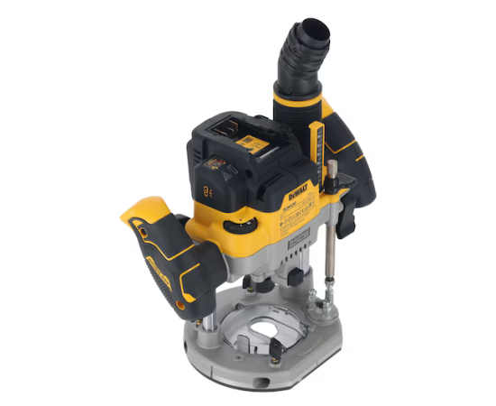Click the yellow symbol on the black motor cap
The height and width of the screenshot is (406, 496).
point(207,191)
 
